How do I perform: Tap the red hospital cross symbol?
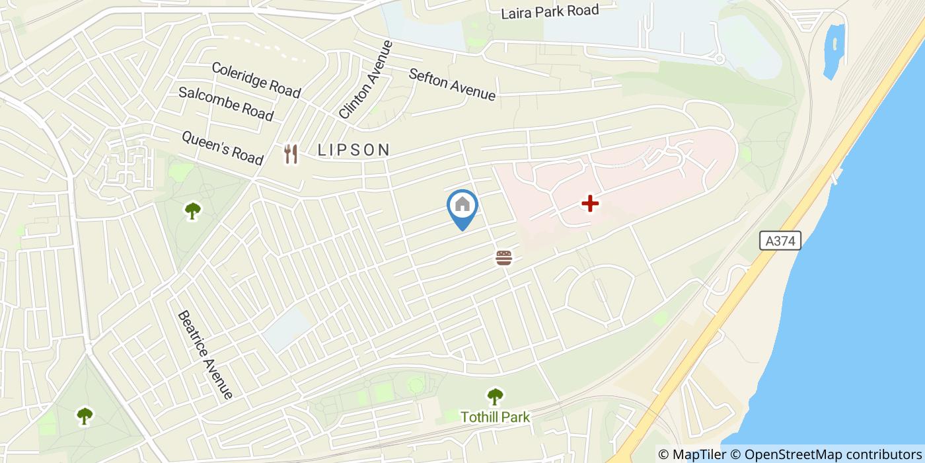pos(589,204)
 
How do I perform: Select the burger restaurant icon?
pos(504,257)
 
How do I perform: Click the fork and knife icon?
pos(291,154)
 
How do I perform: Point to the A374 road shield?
pos(780,241)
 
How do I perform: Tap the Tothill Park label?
pos(495,417)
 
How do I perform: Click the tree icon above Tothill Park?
pos(495,396)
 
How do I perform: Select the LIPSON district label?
pos(354,150)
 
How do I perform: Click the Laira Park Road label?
pos(550,11)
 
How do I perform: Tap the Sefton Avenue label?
pos(452,85)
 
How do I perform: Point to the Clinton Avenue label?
pos(366,80)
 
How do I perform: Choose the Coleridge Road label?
pos(256,79)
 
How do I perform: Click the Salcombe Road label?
pos(226,103)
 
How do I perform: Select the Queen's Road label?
pos(222,147)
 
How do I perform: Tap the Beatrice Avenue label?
pos(205,355)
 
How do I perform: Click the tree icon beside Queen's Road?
pos(193,210)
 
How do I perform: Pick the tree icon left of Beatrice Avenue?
pos(85,415)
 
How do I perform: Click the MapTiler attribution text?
pos(692,454)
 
